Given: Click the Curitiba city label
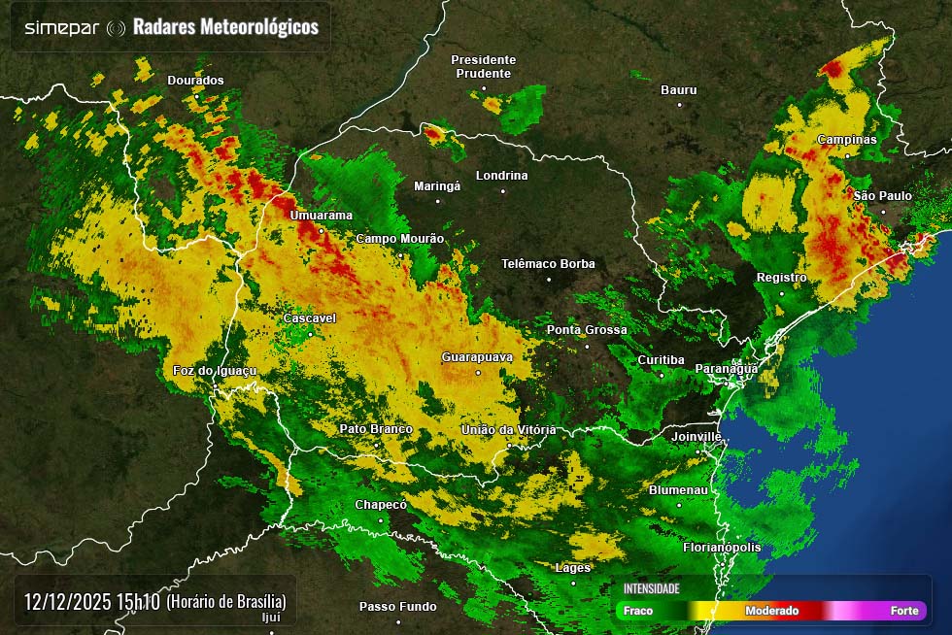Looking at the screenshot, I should [x=661, y=360].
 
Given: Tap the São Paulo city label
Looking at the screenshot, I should [x=882, y=196].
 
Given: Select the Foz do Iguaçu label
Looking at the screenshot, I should [x=214, y=371].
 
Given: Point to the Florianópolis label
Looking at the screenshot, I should [x=722, y=548].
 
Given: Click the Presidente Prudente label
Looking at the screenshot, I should [x=483, y=67].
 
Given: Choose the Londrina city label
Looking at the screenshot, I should [x=501, y=176].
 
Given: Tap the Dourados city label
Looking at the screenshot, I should [x=195, y=81].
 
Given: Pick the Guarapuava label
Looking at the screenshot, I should [x=476, y=357].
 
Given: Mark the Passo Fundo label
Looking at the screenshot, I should [x=397, y=607].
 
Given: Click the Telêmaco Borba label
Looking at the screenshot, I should [x=548, y=264].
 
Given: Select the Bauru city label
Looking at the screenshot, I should [x=678, y=90].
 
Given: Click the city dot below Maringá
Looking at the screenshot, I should [x=437, y=201].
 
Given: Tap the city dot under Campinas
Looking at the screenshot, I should [x=847, y=154].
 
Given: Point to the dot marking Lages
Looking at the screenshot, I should [x=573, y=583].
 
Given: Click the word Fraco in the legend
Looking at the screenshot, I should [x=638, y=611].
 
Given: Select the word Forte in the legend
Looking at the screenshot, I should [x=904, y=611].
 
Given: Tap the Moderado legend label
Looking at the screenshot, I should [x=771, y=611].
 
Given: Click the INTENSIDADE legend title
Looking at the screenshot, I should [x=651, y=588].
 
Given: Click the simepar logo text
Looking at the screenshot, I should [x=61, y=27].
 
